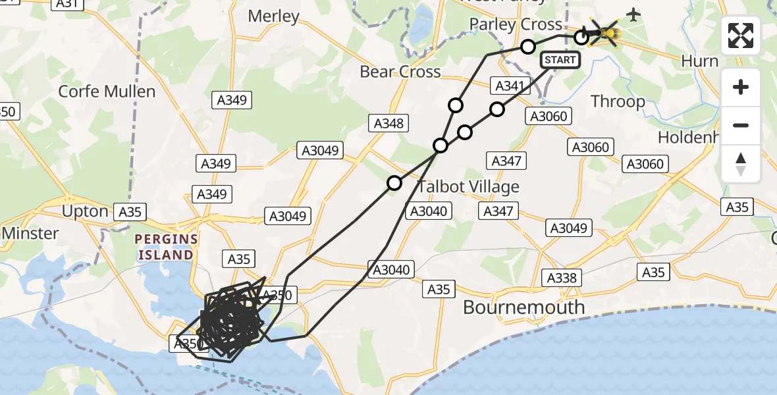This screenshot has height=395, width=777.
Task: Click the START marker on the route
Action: coord(560,60)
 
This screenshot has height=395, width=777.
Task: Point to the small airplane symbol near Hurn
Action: coord(633,14)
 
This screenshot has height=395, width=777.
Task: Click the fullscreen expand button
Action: coord(741,36)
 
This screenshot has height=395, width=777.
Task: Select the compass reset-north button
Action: coord(741,164)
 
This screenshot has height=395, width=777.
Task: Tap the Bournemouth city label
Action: coord(523,307)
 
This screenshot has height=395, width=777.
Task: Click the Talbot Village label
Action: coord(468,187)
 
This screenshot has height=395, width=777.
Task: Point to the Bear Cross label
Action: coord(400,71)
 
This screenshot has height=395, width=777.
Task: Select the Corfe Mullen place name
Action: coord(107,91)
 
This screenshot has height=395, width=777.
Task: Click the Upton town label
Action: coord(84,211)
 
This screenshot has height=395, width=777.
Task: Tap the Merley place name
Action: coord(273,16)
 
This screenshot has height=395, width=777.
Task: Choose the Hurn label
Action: coord(699,61)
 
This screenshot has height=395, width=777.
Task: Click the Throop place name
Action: coord(618,101)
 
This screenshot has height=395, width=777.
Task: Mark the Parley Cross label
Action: coord(516,25)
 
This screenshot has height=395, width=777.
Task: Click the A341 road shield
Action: coord(509,86)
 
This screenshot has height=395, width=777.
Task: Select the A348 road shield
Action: coord(389,123)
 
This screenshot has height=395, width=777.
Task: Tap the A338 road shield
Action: coord(562,278)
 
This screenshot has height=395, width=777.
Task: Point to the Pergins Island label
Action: coord(165,246)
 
